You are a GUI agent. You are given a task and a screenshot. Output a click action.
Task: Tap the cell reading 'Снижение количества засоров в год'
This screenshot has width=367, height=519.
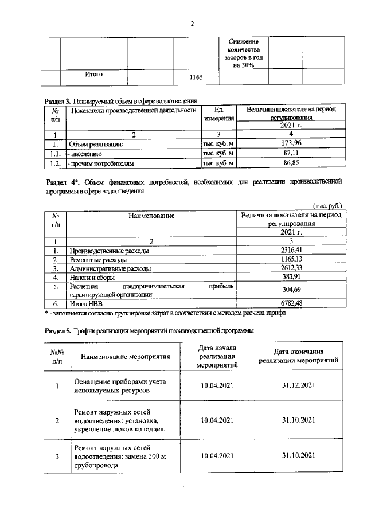pyautogui.click(x=244, y=53)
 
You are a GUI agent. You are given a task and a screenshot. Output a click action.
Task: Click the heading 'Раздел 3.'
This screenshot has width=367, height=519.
pyautogui.click(x=58, y=100)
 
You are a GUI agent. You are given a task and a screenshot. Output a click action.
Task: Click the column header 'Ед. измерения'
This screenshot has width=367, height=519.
pyautogui.click(x=218, y=114)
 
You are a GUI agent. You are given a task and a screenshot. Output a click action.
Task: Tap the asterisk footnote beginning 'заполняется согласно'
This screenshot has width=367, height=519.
pyautogui.click(x=166, y=312)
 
